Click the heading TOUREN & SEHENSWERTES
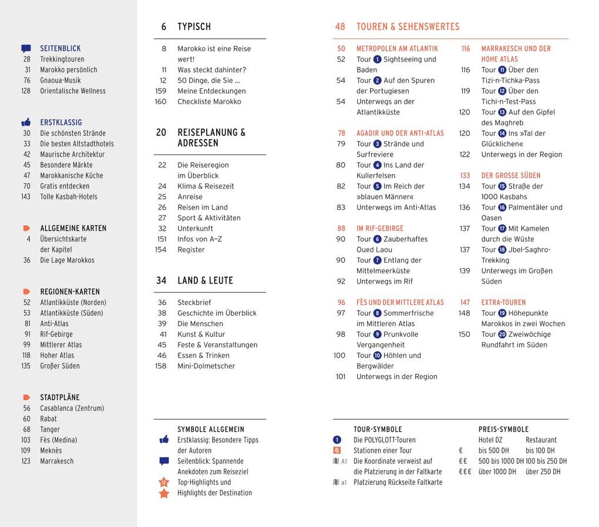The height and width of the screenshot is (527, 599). (408, 27)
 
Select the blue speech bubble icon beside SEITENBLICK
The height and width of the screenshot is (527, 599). (26, 49)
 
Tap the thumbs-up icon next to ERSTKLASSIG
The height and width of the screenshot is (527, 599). (26, 123)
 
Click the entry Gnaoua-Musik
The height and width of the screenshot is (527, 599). (60, 80)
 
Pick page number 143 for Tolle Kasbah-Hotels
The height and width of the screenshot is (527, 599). (26, 197)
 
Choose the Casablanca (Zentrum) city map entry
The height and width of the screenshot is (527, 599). (72, 408)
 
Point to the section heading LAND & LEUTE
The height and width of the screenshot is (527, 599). (205, 281)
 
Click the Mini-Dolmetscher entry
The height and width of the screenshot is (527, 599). (206, 366)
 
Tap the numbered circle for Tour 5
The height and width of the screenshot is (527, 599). (377, 187)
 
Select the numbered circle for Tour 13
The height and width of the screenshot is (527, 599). (502, 112)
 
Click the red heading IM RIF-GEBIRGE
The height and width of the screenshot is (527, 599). (380, 228)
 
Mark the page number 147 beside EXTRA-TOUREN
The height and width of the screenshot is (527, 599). (465, 303)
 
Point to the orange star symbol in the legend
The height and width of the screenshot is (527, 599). (164, 494)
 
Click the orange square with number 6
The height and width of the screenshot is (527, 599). (336, 451)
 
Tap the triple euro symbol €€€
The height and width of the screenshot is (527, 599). (465, 472)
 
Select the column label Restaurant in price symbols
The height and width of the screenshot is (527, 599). (541, 440)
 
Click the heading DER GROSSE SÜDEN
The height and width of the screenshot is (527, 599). (511, 175)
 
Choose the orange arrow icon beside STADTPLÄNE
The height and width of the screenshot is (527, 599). (26, 397)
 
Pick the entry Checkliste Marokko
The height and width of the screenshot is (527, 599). (209, 102)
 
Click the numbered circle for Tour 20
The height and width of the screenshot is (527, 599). (502, 335)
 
